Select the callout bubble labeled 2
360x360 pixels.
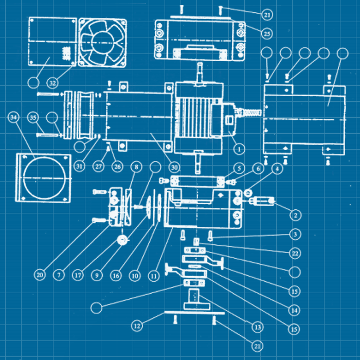click(295, 214)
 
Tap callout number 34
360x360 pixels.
click(14, 118)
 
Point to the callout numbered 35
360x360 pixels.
click(33, 118)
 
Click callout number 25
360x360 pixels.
click(266, 33)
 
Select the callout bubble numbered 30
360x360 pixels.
click(174, 167)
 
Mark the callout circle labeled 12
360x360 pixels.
click(136, 326)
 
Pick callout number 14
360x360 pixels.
click(295, 310)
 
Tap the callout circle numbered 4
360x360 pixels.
click(278, 168)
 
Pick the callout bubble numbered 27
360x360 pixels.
click(98, 167)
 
